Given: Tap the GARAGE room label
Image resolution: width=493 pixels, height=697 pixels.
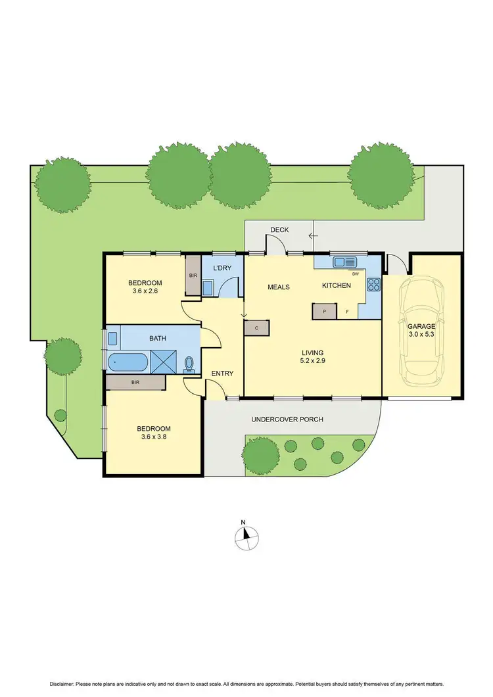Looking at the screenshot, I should pyautogui.click(x=421, y=325).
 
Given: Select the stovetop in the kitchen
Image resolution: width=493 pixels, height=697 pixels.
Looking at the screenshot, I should pyautogui.click(x=373, y=285).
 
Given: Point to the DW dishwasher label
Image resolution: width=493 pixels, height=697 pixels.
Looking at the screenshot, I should pyautogui.click(x=356, y=274).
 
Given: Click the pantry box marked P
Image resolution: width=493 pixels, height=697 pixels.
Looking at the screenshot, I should pyautogui.click(x=324, y=312).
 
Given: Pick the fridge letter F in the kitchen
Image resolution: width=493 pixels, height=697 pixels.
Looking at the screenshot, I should pyautogui.click(x=347, y=312).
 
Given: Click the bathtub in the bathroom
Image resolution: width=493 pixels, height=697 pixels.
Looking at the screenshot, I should pyautogui.click(x=128, y=361).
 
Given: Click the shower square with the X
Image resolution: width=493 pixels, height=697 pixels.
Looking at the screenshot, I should pyautogui.click(x=162, y=361).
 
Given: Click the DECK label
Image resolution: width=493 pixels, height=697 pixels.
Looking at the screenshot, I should pyautogui.click(x=279, y=229).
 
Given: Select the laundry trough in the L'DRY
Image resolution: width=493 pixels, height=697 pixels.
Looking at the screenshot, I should pyautogui.click(x=208, y=288).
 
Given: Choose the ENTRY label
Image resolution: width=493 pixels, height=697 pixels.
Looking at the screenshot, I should pyautogui.click(x=222, y=373).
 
